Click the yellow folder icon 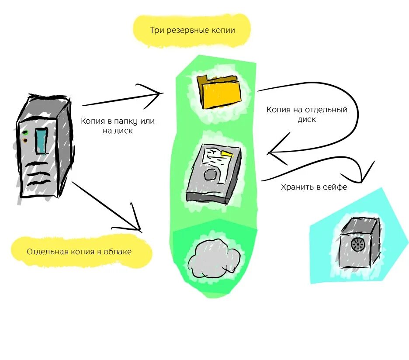click(219, 92)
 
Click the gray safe click(358, 245)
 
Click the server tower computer click(44, 146)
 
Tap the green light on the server click(25, 132)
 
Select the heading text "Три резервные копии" click(193, 30)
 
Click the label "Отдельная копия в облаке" click(79, 252)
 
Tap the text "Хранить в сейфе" click(314, 187)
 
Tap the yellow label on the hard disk click(227, 153)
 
